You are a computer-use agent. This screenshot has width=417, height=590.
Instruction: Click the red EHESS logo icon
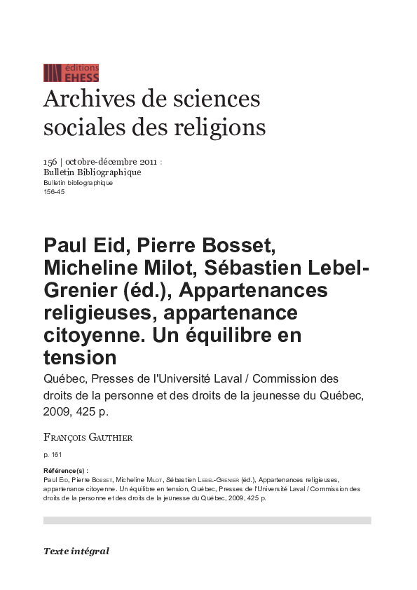[x=53, y=73]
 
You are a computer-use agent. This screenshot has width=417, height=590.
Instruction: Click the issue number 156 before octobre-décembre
[x=50, y=162]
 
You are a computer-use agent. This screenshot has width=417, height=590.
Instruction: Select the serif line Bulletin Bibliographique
[x=92, y=172]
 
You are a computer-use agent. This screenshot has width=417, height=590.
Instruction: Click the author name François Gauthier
[x=88, y=437]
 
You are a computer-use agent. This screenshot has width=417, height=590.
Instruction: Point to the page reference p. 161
[x=53, y=455]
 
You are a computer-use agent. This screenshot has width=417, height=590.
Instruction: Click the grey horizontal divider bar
[x=207, y=521]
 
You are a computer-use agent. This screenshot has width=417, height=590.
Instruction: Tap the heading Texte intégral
[x=76, y=551]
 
